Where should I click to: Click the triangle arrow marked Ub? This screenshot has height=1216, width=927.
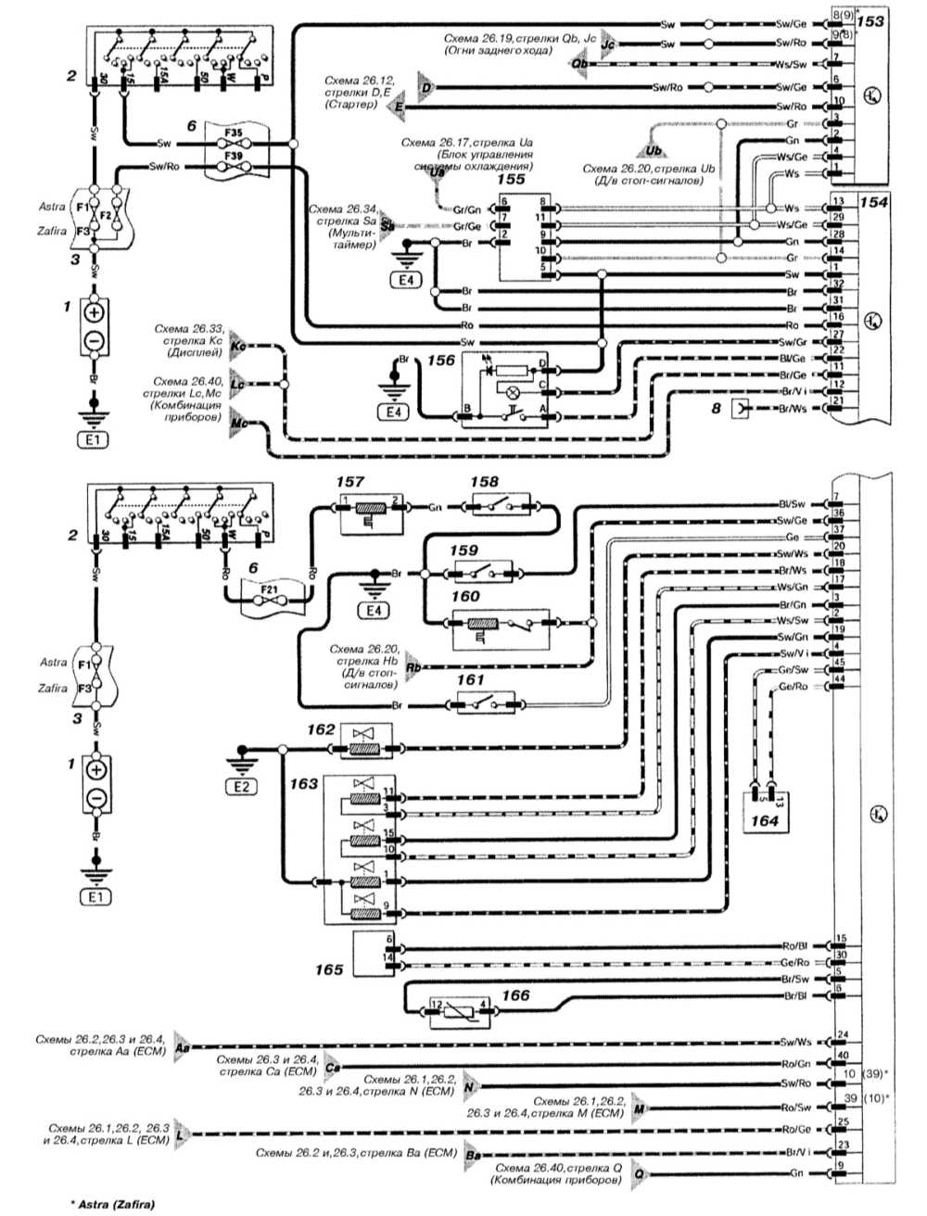tap(653, 146)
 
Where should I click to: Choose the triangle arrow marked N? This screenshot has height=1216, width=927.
tap(470, 1085)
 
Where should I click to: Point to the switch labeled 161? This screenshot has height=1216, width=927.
tap(489, 705)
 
